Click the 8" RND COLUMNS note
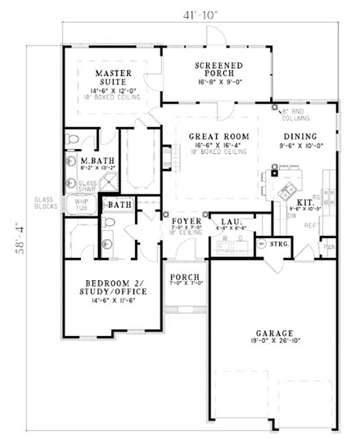295,113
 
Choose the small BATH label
119,204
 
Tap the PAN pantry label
329,246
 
